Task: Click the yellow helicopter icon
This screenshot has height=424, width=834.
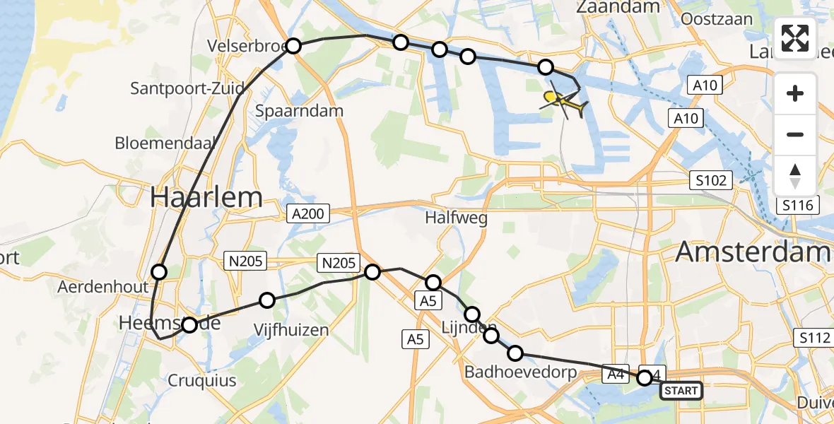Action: click(563, 103)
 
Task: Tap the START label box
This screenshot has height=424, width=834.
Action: click(681, 391)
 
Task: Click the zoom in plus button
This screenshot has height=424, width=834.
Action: click(795, 94)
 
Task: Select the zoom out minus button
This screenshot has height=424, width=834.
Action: click(795, 134)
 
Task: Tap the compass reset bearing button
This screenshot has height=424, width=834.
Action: click(795, 175)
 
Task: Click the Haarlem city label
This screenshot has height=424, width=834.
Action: click(206, 197)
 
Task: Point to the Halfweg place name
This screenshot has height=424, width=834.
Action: click(457, 218)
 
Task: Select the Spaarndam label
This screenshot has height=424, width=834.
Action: click(299, 111)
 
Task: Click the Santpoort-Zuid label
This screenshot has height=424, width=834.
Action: click(188, 89)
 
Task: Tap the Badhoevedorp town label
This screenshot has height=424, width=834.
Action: click(520, 372)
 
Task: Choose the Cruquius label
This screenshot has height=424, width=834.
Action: click(202, 381)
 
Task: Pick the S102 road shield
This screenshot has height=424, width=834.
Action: click(710, 180)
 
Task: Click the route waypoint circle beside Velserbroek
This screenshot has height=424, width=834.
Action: click(293, 47)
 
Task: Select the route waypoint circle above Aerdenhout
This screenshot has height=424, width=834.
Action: click(159, 272)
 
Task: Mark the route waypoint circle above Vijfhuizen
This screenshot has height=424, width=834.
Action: click(266, 300)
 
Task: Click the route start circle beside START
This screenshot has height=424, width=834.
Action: click(645, 378)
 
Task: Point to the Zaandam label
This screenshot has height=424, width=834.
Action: click(618, 7)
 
